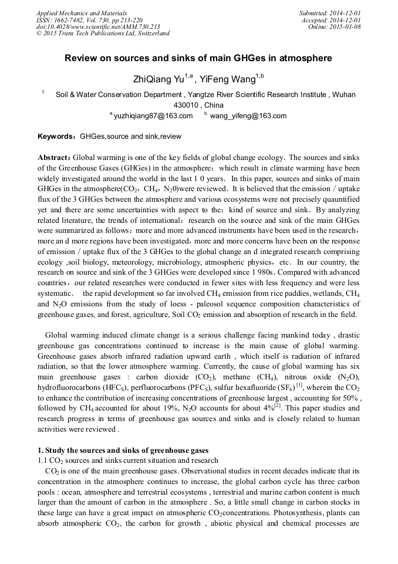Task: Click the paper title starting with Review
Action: point(198,58)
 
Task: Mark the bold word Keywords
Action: point(55,136)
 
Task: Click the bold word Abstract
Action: point(53,158)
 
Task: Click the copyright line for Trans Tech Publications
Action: point(103,34)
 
